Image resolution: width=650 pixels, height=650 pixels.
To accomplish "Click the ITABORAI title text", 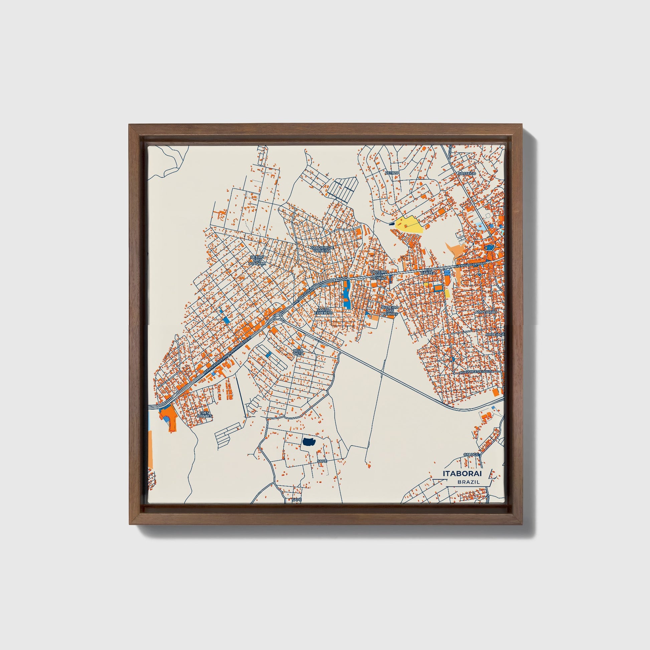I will coord(462,474).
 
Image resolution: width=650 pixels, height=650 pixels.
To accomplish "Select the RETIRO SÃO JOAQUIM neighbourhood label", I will coord(258,261).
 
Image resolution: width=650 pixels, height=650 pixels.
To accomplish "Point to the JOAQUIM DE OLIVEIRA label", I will coord(323,249).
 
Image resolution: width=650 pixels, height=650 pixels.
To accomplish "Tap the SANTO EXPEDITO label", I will coord(324,311).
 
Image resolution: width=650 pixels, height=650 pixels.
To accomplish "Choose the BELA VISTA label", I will coord(298,352).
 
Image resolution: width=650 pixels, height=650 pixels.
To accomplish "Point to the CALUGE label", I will coord(471,455).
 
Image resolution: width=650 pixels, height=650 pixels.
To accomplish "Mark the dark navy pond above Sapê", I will coord(308,442).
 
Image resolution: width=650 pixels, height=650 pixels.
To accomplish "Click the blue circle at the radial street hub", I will coord(453,359).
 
